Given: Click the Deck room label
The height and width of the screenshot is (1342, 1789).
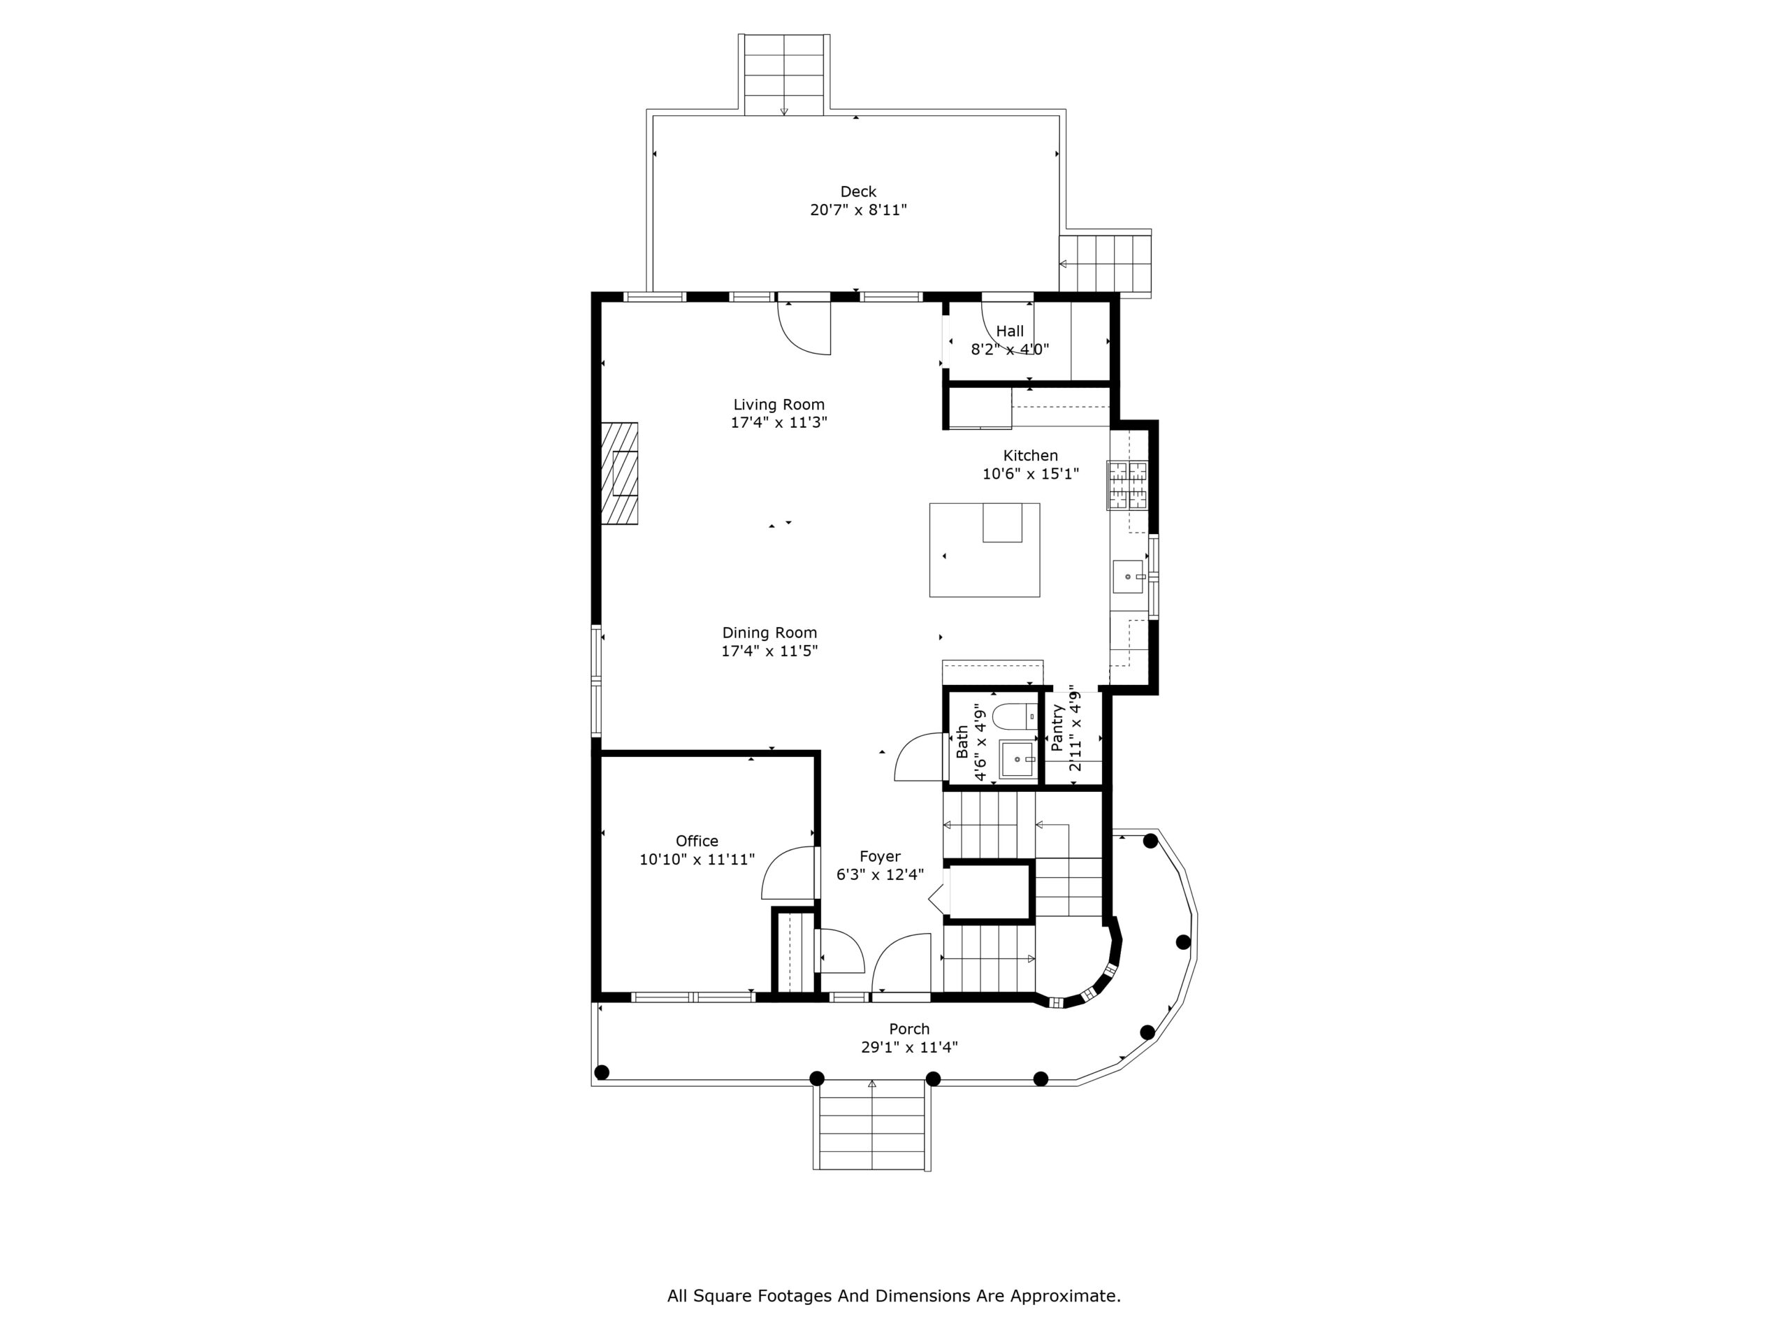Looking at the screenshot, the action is tap(858, 192).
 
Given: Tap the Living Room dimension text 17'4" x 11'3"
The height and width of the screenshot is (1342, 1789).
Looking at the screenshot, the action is tap(779, 422).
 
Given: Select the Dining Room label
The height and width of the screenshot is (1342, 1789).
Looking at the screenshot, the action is tap(769, 633).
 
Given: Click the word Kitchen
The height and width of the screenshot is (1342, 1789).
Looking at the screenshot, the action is tap(1030, 456).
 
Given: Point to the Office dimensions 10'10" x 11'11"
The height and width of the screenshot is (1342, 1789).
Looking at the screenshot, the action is tap(697, 859).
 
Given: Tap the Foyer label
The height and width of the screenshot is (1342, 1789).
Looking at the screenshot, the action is tap(880, 857).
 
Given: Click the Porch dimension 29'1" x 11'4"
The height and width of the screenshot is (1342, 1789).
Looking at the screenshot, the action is tap(909, 1048).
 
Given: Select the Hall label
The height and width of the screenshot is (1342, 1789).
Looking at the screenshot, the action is tap(1009, 331).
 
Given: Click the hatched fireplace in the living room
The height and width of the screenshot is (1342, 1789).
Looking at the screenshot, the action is tap(620, 473).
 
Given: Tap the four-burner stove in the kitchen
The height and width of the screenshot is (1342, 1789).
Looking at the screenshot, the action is tap(1127, 484).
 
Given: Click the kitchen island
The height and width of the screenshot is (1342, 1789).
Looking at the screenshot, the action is tap(984, 550).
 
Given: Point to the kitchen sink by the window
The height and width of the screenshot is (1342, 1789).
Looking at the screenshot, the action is tap(1127, 576).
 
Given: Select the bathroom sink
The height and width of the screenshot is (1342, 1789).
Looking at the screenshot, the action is tap(1017, 760).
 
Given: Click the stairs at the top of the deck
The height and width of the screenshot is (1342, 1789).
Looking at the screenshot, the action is tap(783, 74).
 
